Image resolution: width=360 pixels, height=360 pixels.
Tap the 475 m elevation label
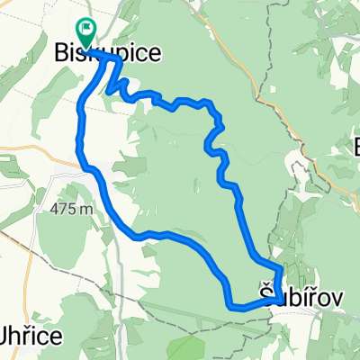point(73,208)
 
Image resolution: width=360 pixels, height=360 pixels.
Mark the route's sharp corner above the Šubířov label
point(282,268)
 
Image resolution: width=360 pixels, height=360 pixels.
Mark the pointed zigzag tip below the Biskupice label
point(109,92)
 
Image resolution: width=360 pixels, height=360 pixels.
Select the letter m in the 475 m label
point(87,209)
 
